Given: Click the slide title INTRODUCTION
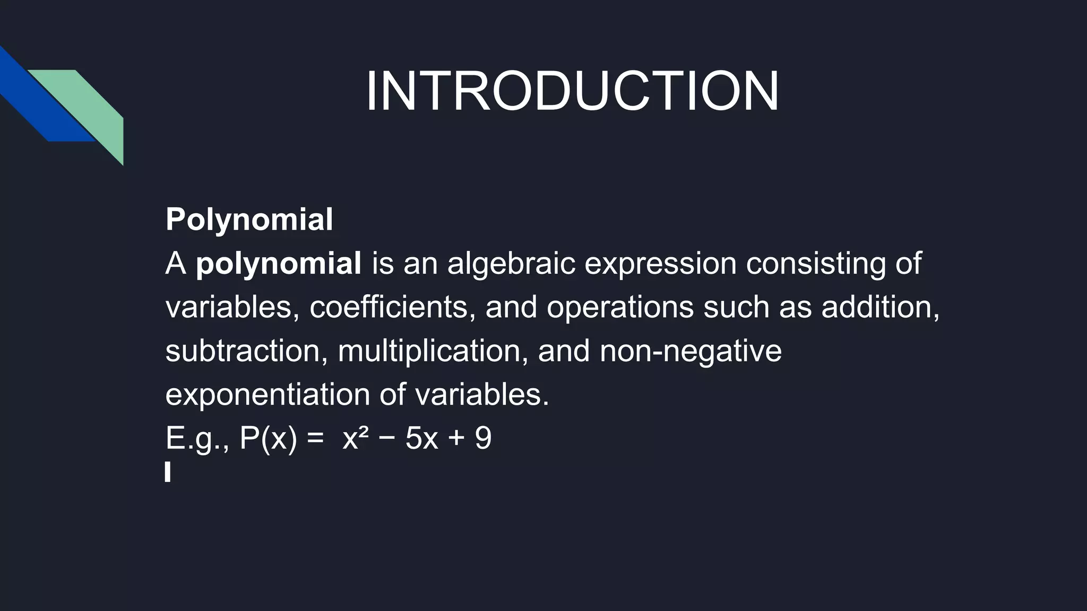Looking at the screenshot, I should tap(572, 91).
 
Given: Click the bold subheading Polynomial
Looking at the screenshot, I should tap(249, 219).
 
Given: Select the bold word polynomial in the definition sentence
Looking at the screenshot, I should tap(279, 263).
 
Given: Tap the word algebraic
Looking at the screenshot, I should tap(511, 263).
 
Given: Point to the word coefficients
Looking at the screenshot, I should tap(389, 307).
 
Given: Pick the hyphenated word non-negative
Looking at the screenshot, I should tap(691, 351).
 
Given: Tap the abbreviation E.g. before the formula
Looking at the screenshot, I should tap(196, 439).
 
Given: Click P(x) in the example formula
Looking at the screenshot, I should tap(268, 439).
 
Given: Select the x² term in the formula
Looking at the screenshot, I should tap(355, 438).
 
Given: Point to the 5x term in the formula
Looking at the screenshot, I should tap(421, 439).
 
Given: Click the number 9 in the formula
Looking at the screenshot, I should tap(483, 439).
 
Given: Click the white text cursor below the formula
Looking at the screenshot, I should tap(168, 472).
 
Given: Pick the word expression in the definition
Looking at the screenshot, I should tap(660, 263).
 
